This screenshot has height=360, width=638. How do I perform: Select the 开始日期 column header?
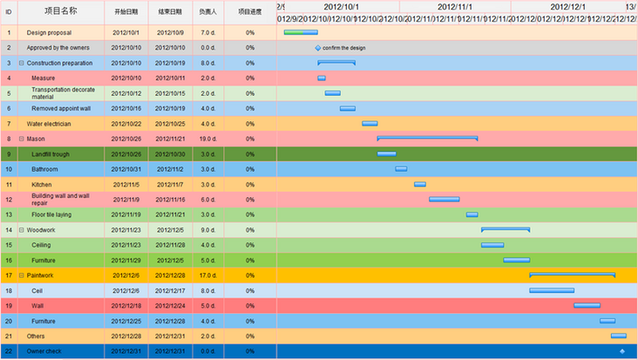pyautogui.click(x=126, y=12)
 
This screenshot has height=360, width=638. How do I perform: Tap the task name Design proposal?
pyautogui.click(x=49, y=32)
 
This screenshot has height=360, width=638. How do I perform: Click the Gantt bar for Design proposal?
pyautogui.click(x=300, y=32)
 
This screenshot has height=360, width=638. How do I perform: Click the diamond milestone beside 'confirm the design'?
pyautogui.click(x=318, y=48)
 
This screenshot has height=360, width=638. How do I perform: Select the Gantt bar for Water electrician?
pyautogui.click(x=370, y=124)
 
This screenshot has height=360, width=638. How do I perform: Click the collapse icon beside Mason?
pyautogui.click(x=22, y=139)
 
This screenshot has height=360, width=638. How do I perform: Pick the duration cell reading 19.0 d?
pyautogui.click(x=207, y=139)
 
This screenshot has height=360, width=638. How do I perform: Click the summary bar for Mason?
pyautogui.click(x=427, y=138)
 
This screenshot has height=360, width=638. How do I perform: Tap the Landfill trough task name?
pyautogui.click(x=51, y=154)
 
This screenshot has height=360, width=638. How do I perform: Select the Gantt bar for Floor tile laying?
pyautogui.click(x=472, y=214)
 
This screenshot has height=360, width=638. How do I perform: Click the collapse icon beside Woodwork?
pyautogui.click(x=22, y=230)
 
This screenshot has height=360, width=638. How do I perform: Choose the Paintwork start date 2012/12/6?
pyautogui.click(x=126, y=275)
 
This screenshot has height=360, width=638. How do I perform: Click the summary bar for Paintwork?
pyautogui.click(x=572, y=275)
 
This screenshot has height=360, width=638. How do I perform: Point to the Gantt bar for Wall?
pyautogui.click(x=587, y=306)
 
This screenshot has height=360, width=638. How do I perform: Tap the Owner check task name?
pyautogui.click(x=44, y=351)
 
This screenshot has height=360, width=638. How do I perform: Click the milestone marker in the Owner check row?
pyautogui.click(x=621, y=351)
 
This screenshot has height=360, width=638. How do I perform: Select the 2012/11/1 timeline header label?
pyautogui.click(x=454, y=7)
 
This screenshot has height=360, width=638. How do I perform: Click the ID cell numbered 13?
pyautogui.click(x=9, y=214)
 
